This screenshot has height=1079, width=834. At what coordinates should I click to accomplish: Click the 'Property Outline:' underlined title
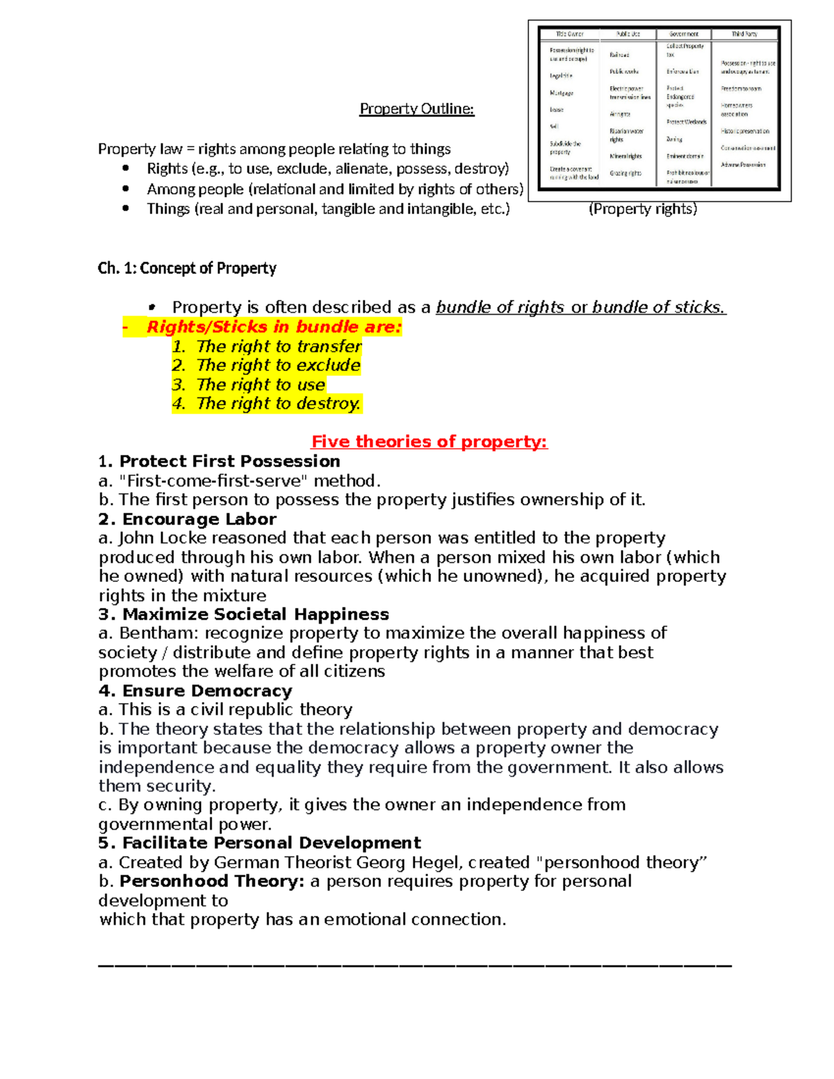pyautogui.click(x=416, y=109)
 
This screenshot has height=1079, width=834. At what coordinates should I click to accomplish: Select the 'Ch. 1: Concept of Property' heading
pyautogui.click(x=187, y=268)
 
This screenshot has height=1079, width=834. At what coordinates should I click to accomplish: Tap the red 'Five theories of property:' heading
pyautogui.click(x=429, y=442)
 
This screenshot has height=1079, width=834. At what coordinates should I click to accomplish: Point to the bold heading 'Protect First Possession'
pyautogui.click(x=229, y=461)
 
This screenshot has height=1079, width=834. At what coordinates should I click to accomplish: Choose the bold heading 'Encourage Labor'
pyautogui.click(x=199, y=519)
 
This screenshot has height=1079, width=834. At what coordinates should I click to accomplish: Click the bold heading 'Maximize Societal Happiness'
pyautogui.click(x=255, y=614)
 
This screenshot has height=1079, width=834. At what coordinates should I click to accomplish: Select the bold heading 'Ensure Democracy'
pyautogui.click(x=206, y=691)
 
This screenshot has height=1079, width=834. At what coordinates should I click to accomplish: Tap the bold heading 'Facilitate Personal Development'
pyautogui.click(x=271, y=843)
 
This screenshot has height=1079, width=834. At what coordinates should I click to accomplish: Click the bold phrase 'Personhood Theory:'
pyautogui.click(x=212, y=881)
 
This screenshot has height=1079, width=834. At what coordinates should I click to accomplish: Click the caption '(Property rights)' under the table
pyautogui.click(x=643, y=209)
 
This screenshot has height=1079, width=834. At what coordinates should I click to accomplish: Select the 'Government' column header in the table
pyautogui.click(x=684, y=34)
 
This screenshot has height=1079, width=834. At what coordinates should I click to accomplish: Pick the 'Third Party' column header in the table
pyautogui.click(x=744, y=34)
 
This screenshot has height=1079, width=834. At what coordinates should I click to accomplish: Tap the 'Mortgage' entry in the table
pyautogui.click(x=562, y=93)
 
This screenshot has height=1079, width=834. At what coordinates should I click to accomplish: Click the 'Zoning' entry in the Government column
pyautogui.click(x=674, y=139)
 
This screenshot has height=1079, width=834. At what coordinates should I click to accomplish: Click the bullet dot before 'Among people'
pyautogui.click(x=126, y=189)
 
